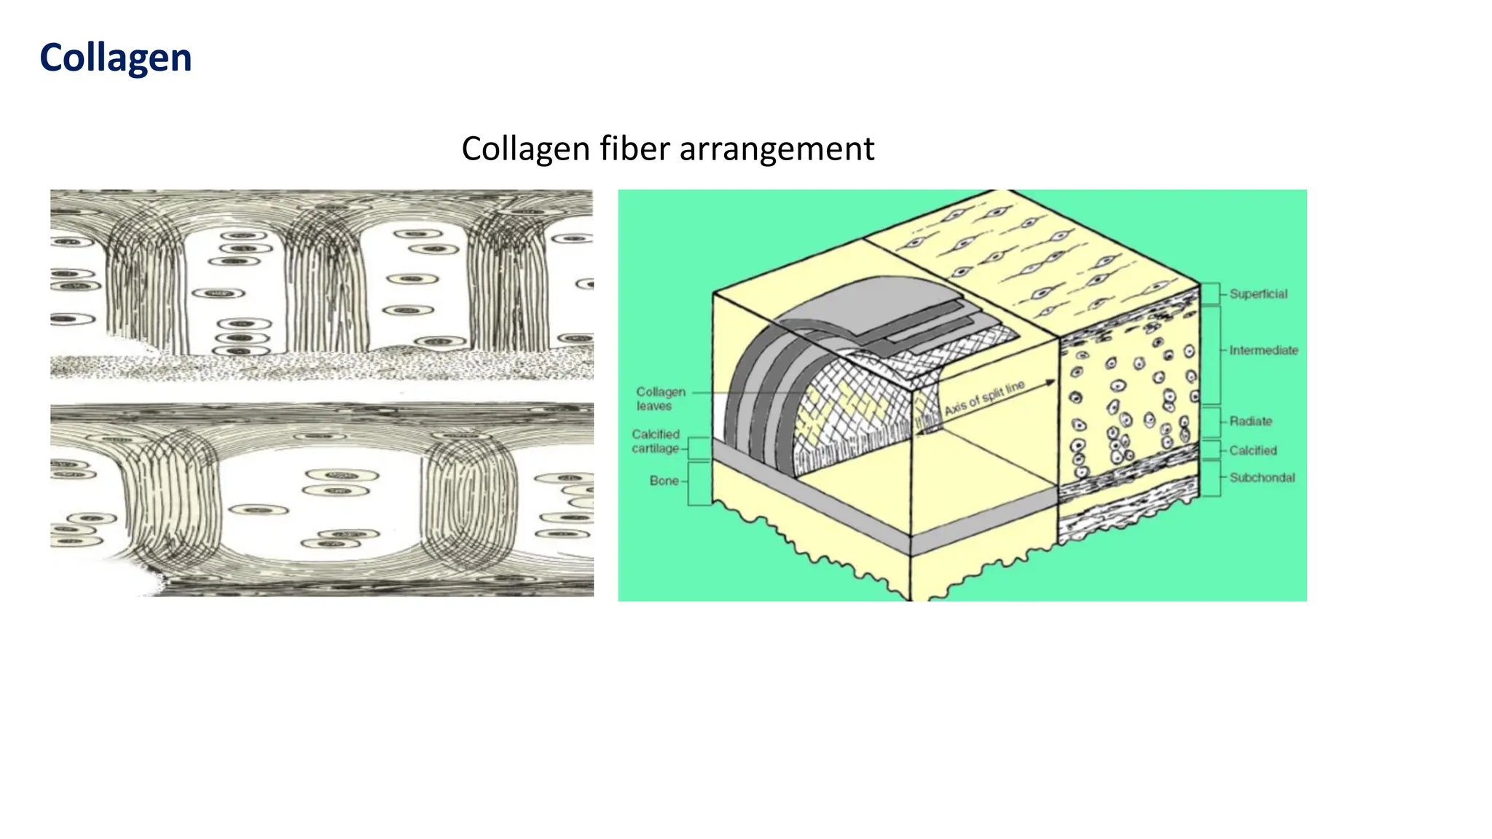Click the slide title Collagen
pos(115,58)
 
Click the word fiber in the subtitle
pos(634,149)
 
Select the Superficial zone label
pos(1258,294)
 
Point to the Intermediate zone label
pos(1263,350)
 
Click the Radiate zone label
pos(1250,421)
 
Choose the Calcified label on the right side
pos(1252,450)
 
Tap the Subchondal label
pos(1262,478)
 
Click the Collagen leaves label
pos(660,398)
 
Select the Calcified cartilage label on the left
pos(655,441)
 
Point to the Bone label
pos(664,481)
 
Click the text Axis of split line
pos(983,398)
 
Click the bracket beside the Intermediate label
pos(1211,355)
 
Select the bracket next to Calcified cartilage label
pos(699,448)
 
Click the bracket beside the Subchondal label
pos(1211,478)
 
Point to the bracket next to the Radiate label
pos(1211,422)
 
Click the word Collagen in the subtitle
pos(525,149)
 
